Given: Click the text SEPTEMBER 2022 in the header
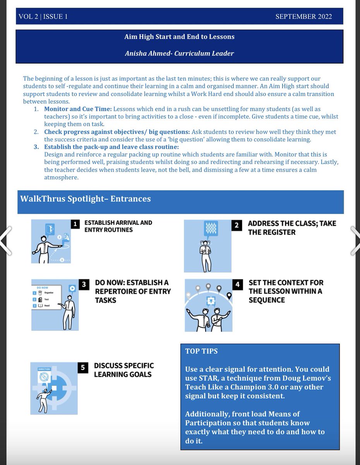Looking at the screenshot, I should point(303,17).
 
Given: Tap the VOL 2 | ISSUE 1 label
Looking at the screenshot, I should point(43,17).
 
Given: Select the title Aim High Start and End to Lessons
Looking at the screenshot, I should point(179,37).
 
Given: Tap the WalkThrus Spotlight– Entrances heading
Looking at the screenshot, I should point(86,199).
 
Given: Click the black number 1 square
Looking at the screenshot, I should point(75,224).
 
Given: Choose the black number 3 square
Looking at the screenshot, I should point(84,284).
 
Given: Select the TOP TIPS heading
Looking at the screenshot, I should point(201,351).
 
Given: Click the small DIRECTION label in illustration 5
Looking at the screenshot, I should point(45,369).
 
